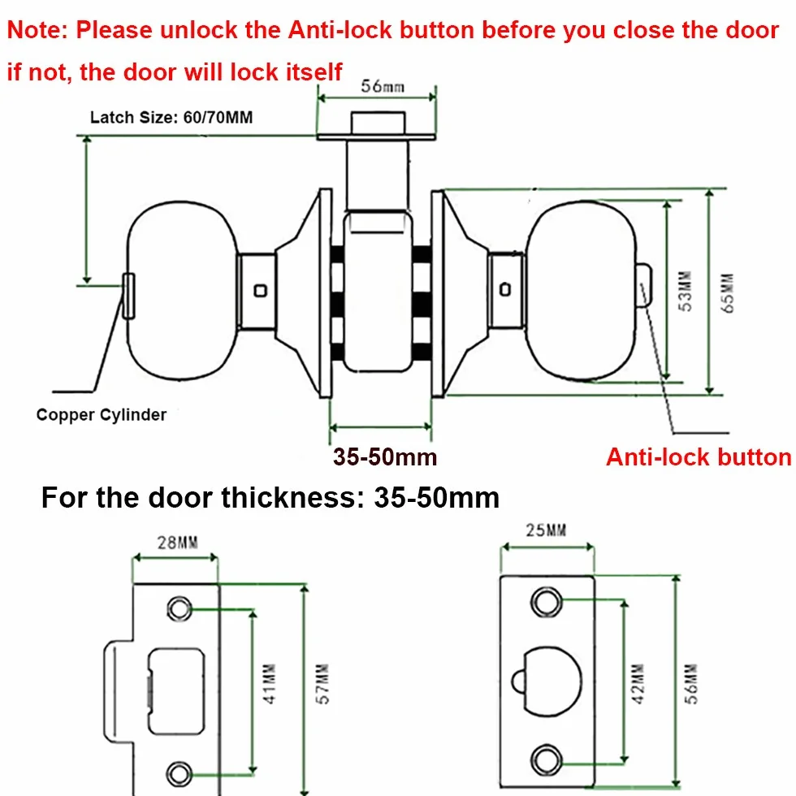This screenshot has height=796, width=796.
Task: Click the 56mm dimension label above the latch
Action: pos(383,86)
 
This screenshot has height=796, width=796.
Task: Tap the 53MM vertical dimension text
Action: pos(686,291)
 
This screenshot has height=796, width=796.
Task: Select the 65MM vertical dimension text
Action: pos(728,293)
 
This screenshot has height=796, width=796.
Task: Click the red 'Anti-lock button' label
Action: pos(699,456)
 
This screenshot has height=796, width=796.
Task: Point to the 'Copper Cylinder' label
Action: pos(102,415)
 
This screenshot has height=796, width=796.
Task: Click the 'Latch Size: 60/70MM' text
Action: pos(171,117)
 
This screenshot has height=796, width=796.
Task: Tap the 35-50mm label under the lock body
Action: pos(385,456)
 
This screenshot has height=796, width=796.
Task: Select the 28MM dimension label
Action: pos(178,543)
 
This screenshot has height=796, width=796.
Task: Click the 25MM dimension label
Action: pos(546,530)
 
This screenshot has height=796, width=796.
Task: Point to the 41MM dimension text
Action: pos(270,683)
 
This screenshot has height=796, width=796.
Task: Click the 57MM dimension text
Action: pos(323,683)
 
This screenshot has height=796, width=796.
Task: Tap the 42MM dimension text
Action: pos(638,683)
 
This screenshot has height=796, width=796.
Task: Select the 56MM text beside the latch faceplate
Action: pos(691,683)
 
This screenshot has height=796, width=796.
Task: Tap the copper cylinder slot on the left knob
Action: pos(128,296)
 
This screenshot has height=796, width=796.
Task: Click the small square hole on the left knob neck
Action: pos(261,291)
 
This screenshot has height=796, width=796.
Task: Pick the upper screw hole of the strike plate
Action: pos(180,608)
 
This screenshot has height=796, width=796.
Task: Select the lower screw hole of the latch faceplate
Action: pos(546,759)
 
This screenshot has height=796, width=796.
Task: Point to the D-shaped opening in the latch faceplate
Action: pos(546,681)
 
